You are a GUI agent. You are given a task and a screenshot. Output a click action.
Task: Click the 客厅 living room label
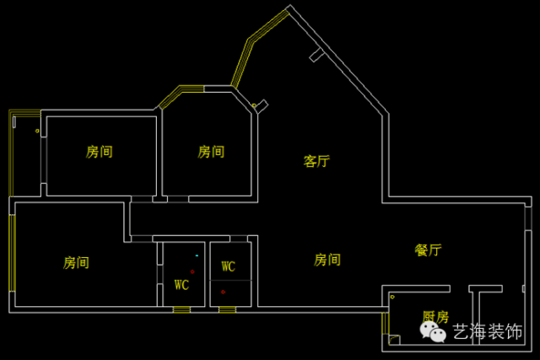coord(316,161)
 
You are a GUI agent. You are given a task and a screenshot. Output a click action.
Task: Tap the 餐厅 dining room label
coord(428,250)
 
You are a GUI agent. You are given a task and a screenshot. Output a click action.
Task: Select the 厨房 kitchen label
coord(435,317)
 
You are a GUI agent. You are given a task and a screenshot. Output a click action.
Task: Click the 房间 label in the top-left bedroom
coord(100,152)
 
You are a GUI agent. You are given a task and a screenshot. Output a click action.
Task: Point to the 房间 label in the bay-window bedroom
coord(211,152)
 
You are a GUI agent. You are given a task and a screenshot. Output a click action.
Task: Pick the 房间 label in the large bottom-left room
coord(76,262)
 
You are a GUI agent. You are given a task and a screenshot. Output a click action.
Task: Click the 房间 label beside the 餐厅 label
coord(327,260)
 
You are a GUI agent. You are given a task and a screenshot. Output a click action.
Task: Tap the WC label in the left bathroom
coord(181,285)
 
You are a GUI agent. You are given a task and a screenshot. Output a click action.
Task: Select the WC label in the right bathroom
coord(228,266)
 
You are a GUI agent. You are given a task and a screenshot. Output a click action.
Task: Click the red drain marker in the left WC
coord(192,271)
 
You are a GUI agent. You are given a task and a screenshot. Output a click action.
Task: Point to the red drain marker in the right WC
coord(223,292)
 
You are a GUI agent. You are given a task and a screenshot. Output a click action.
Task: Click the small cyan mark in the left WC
coord(197,255)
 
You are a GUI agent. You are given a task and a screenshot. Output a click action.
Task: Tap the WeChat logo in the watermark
coord(435,332)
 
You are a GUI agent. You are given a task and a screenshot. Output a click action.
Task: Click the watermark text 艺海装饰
coord(488,332)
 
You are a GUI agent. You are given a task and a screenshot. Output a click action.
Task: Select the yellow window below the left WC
coord(181,310)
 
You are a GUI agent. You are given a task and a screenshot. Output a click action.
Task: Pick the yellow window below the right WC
coord(227,310)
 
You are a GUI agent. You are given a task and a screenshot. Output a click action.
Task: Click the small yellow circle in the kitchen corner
coord(392,297)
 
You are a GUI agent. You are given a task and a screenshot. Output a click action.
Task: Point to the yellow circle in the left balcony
coord(37,131)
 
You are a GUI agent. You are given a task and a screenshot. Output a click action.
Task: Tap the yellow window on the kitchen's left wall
coord(385,322)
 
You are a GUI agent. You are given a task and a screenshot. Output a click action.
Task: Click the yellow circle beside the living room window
coord(254,105)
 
